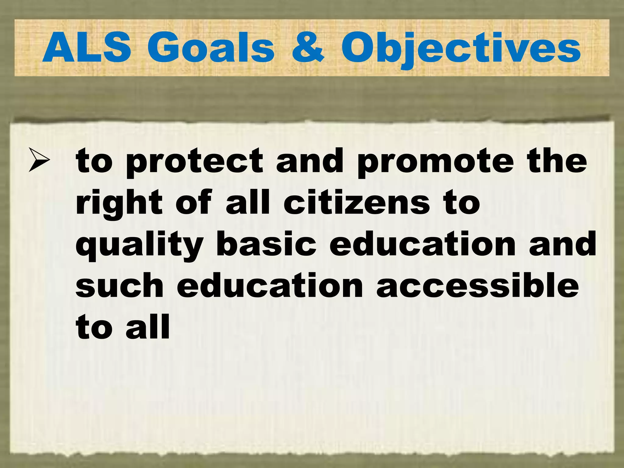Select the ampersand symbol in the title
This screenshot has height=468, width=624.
(x=307, y=48)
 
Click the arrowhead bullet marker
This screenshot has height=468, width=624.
(x=39, y=160)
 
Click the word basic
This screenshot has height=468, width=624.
(x=266, y=244)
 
